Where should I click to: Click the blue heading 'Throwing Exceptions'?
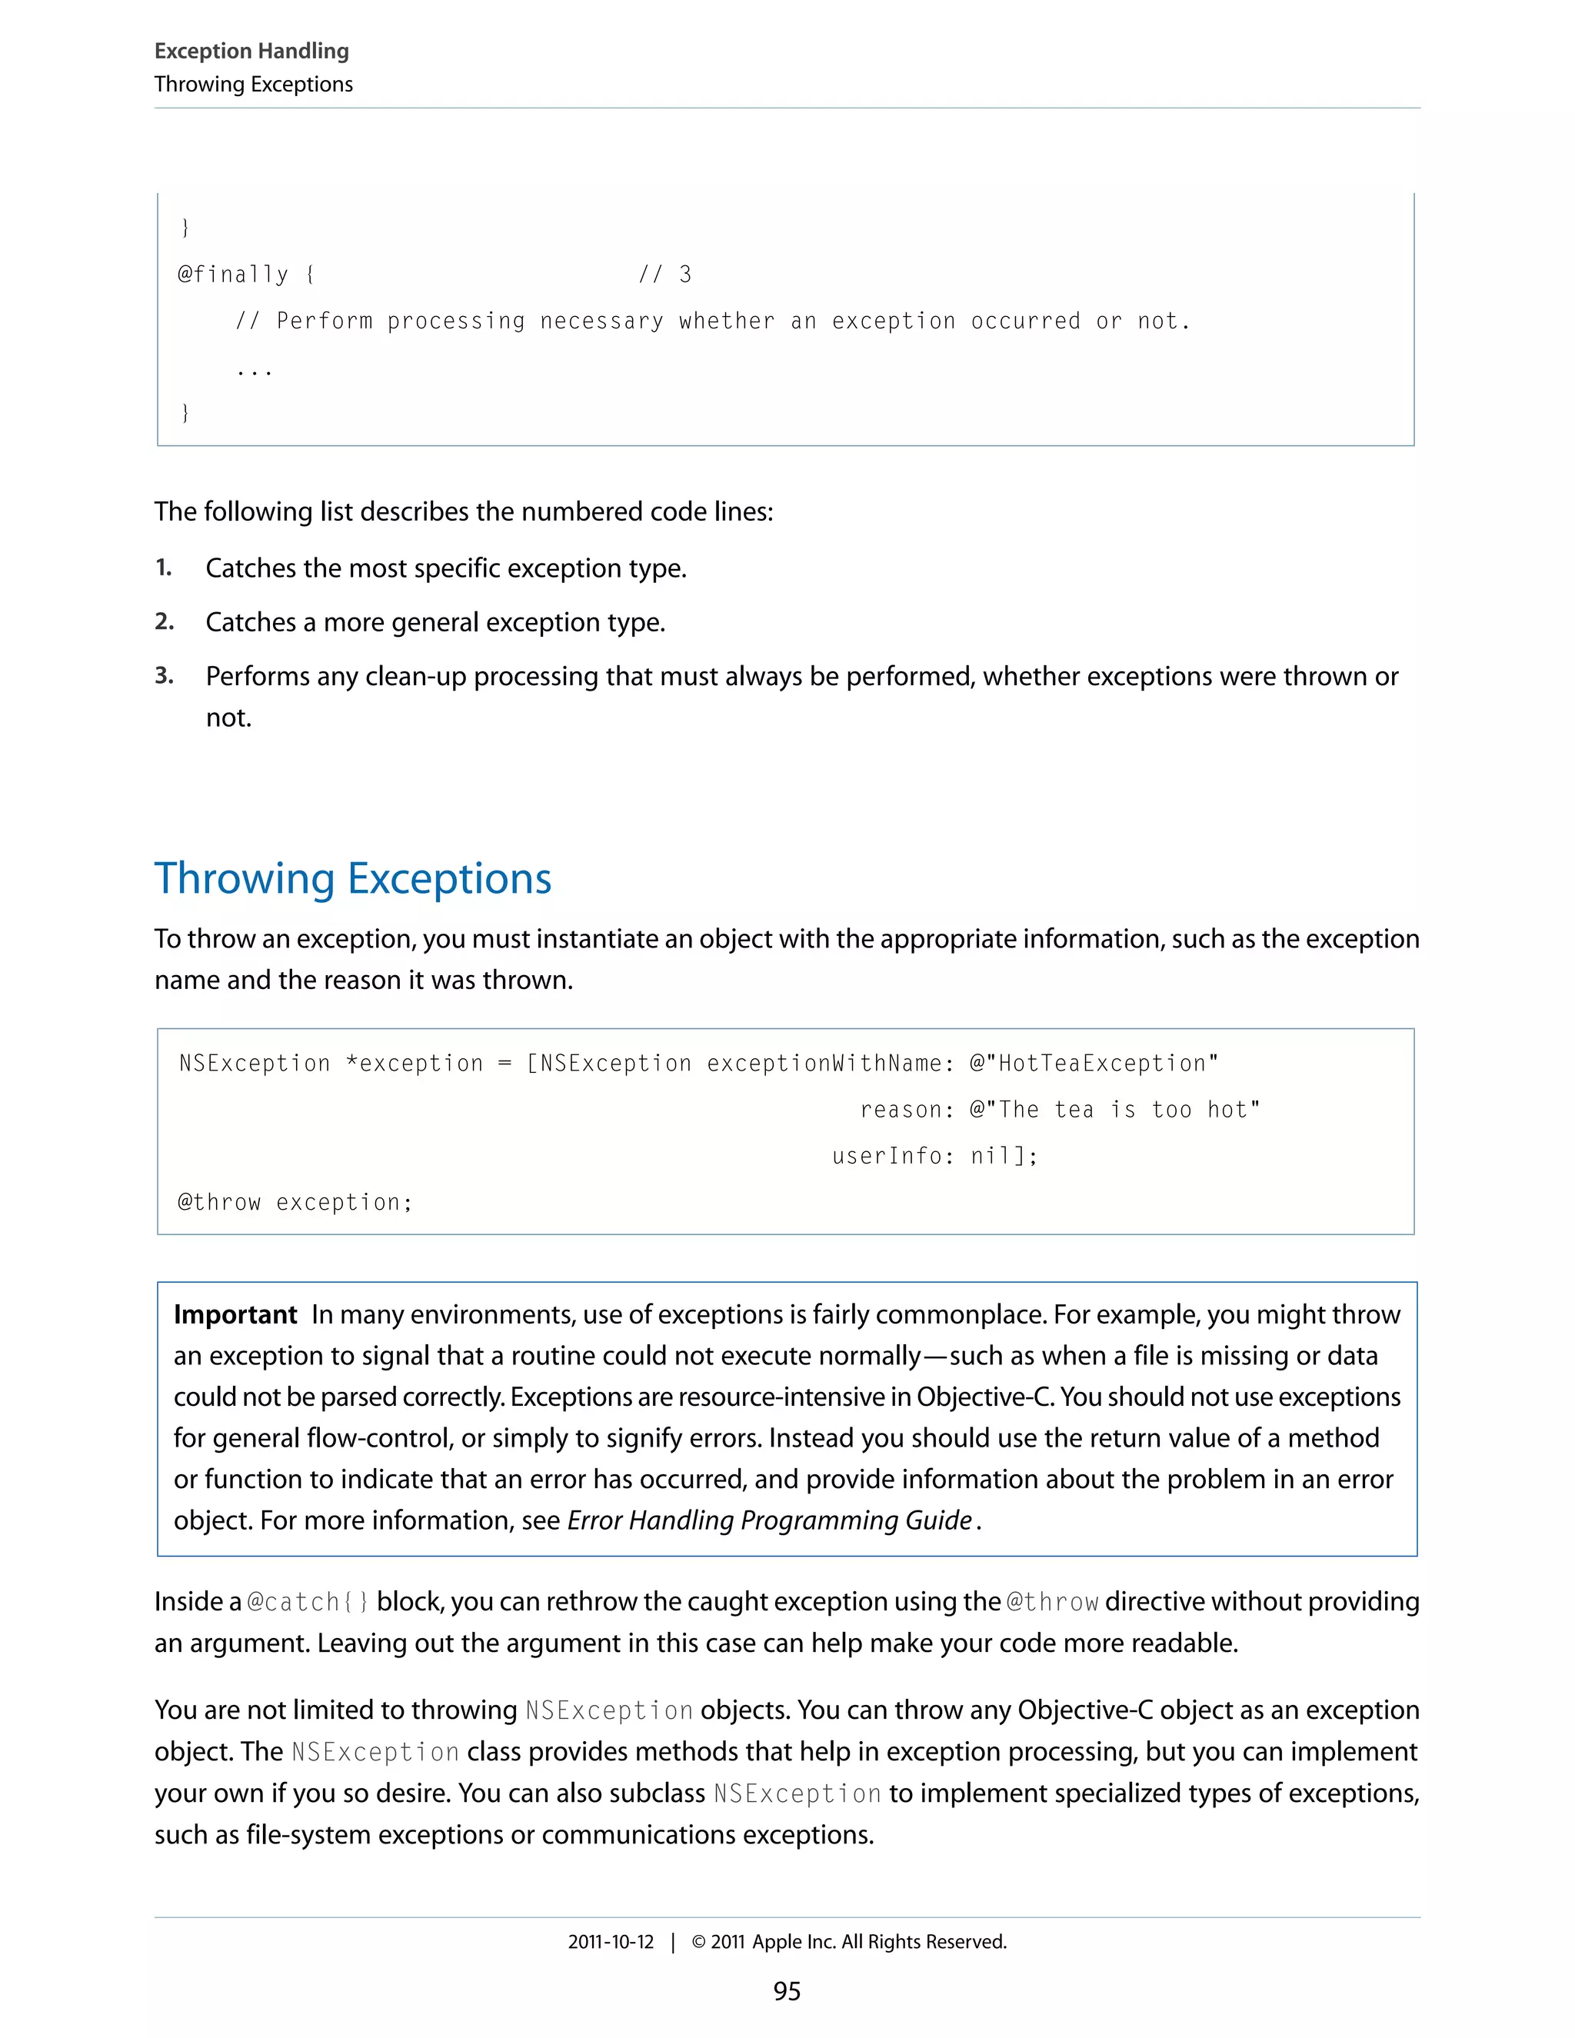[x=353, y=879]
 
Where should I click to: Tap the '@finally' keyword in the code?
[x=233, y=275]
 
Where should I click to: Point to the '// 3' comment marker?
[x=664, y=275]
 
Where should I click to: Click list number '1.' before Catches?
[x=163, y=568]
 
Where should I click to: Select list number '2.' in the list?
[x=165, y=621]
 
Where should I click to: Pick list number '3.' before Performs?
[x=165, y=675]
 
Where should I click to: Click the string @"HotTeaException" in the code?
[x=1094, y=1064]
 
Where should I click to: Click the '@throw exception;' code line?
[x=295, y=1203]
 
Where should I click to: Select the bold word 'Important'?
[x=235, y=1315]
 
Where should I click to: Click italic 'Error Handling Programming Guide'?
[x=770, y=1521]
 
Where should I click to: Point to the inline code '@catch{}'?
[x=308, y=1602]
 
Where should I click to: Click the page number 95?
[x=787, y=1991]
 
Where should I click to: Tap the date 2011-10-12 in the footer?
[x=611, y=1942]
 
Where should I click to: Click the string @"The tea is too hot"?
[x=1114, y=1111]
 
